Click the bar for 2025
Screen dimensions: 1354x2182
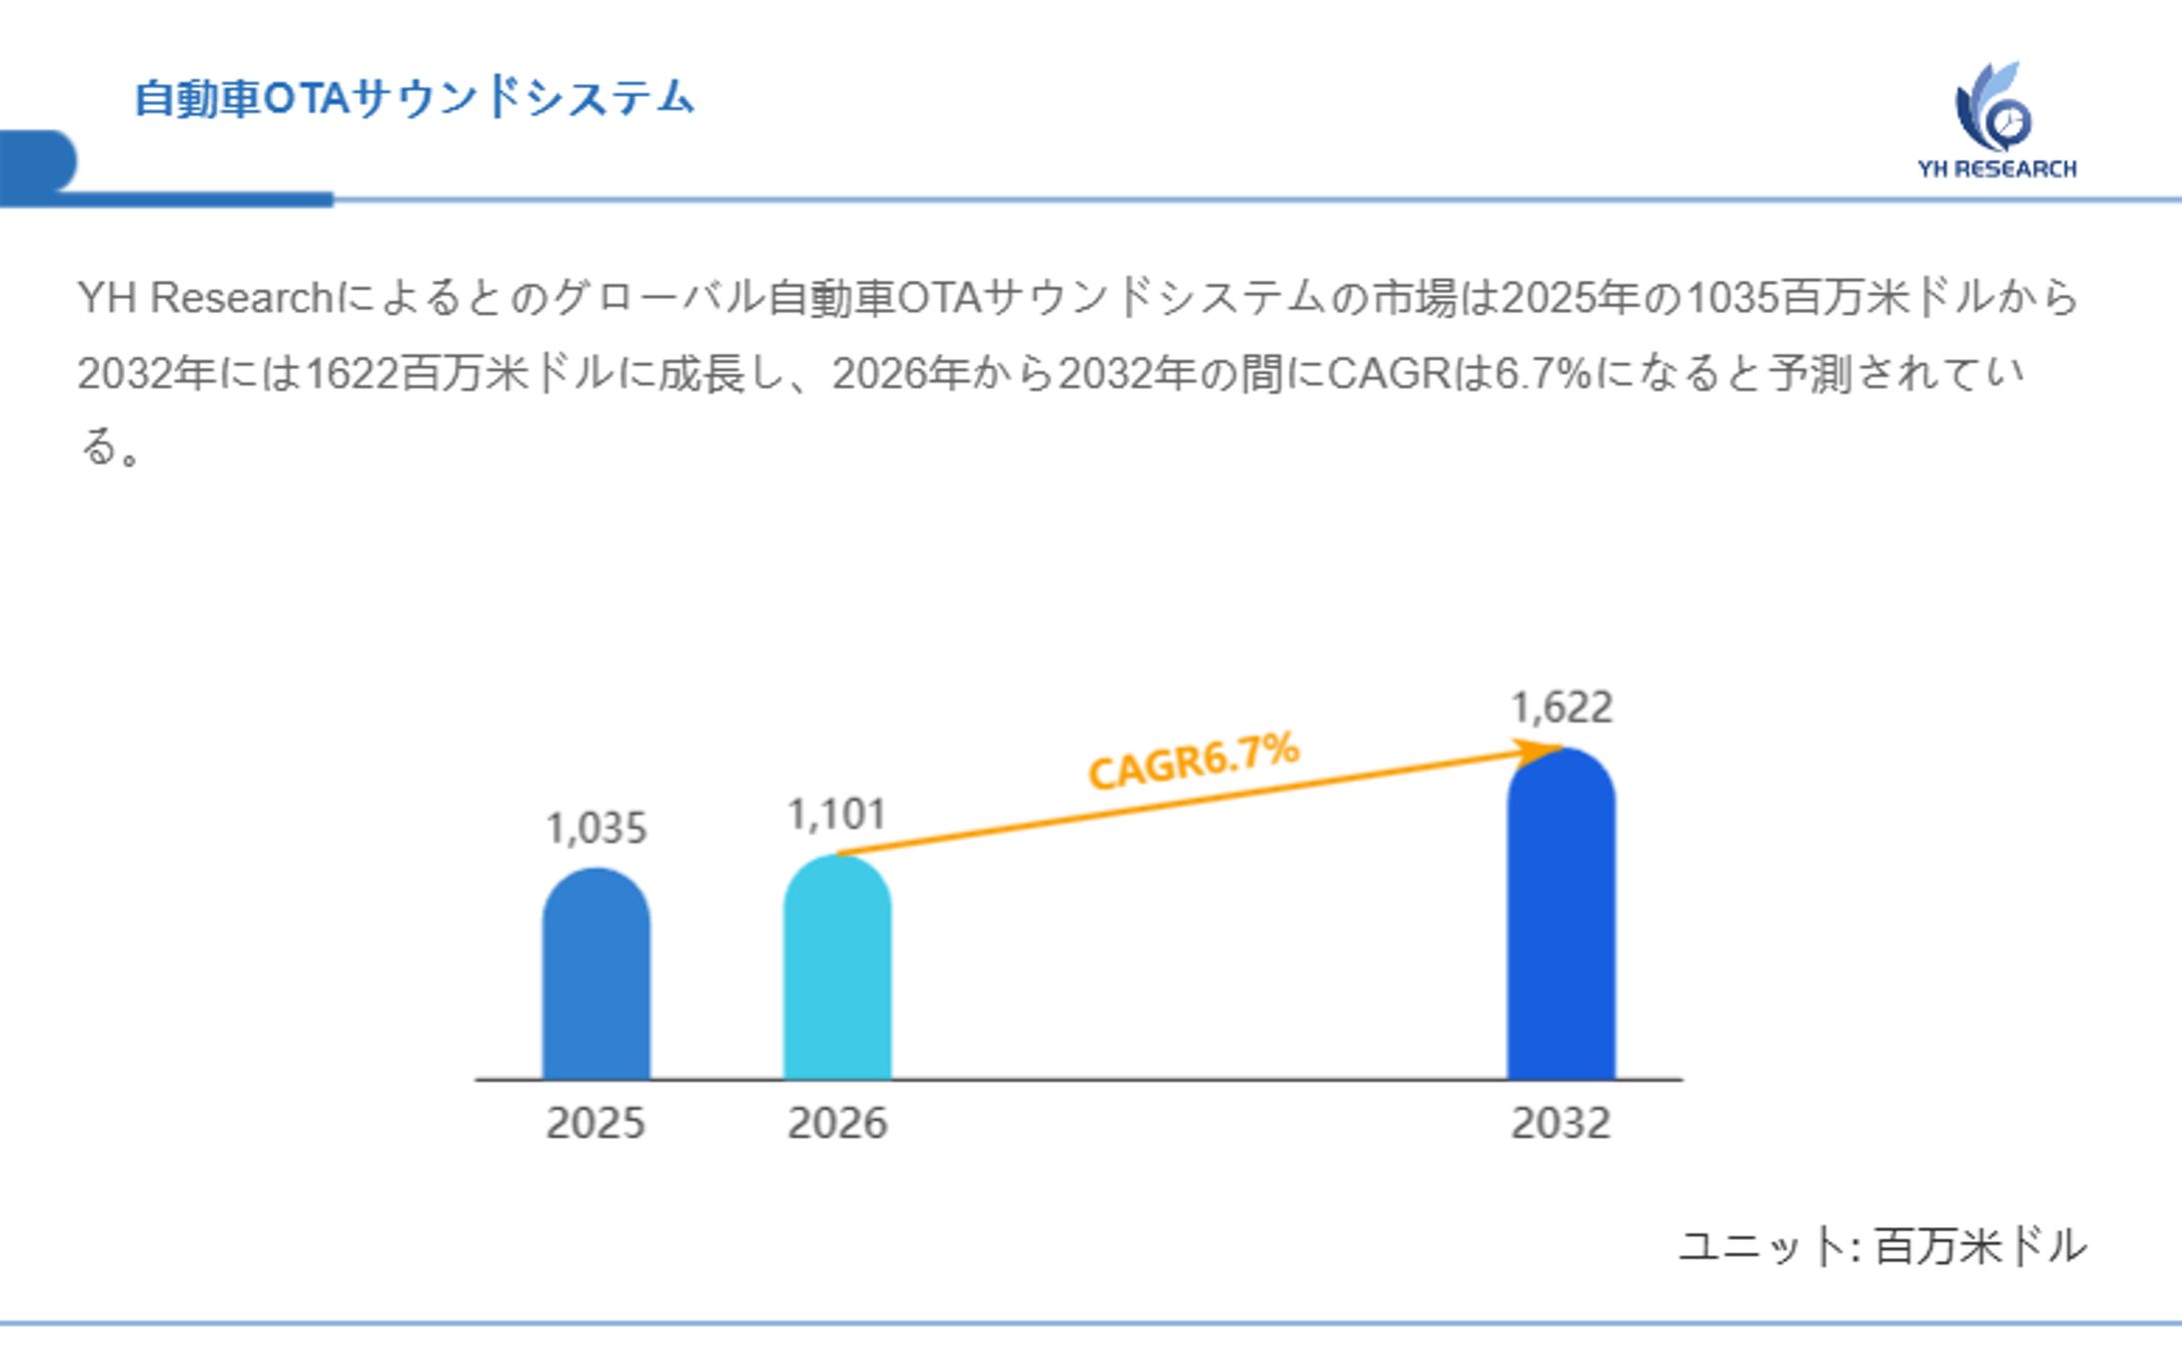click(x=595, y=974)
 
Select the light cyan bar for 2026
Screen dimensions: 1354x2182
click(x=836, y=967)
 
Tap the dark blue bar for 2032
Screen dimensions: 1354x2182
click(x=1561, y=914)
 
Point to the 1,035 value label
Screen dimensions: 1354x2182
click(x=596, y=828)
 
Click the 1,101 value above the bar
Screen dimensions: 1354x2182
click(x=836, y=814)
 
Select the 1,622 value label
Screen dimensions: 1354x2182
click(x=1562, y=707)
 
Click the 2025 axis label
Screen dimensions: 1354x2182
click(x=595, y=1123)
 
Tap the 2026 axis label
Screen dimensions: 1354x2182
click(x=836, y=1123)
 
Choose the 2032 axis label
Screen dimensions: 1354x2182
click(x=1561, y=1123)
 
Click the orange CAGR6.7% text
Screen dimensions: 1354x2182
click(x=1194, y=760)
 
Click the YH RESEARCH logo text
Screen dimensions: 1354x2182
click(x=1996, y=169)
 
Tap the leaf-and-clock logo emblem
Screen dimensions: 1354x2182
click(x=1993, y=108)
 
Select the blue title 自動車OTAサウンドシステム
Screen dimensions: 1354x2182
click(x=414, y=98)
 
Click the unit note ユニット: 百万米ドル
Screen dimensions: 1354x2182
click(x=1882, y=1246)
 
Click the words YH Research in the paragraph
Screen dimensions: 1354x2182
click(x=205, y=298)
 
